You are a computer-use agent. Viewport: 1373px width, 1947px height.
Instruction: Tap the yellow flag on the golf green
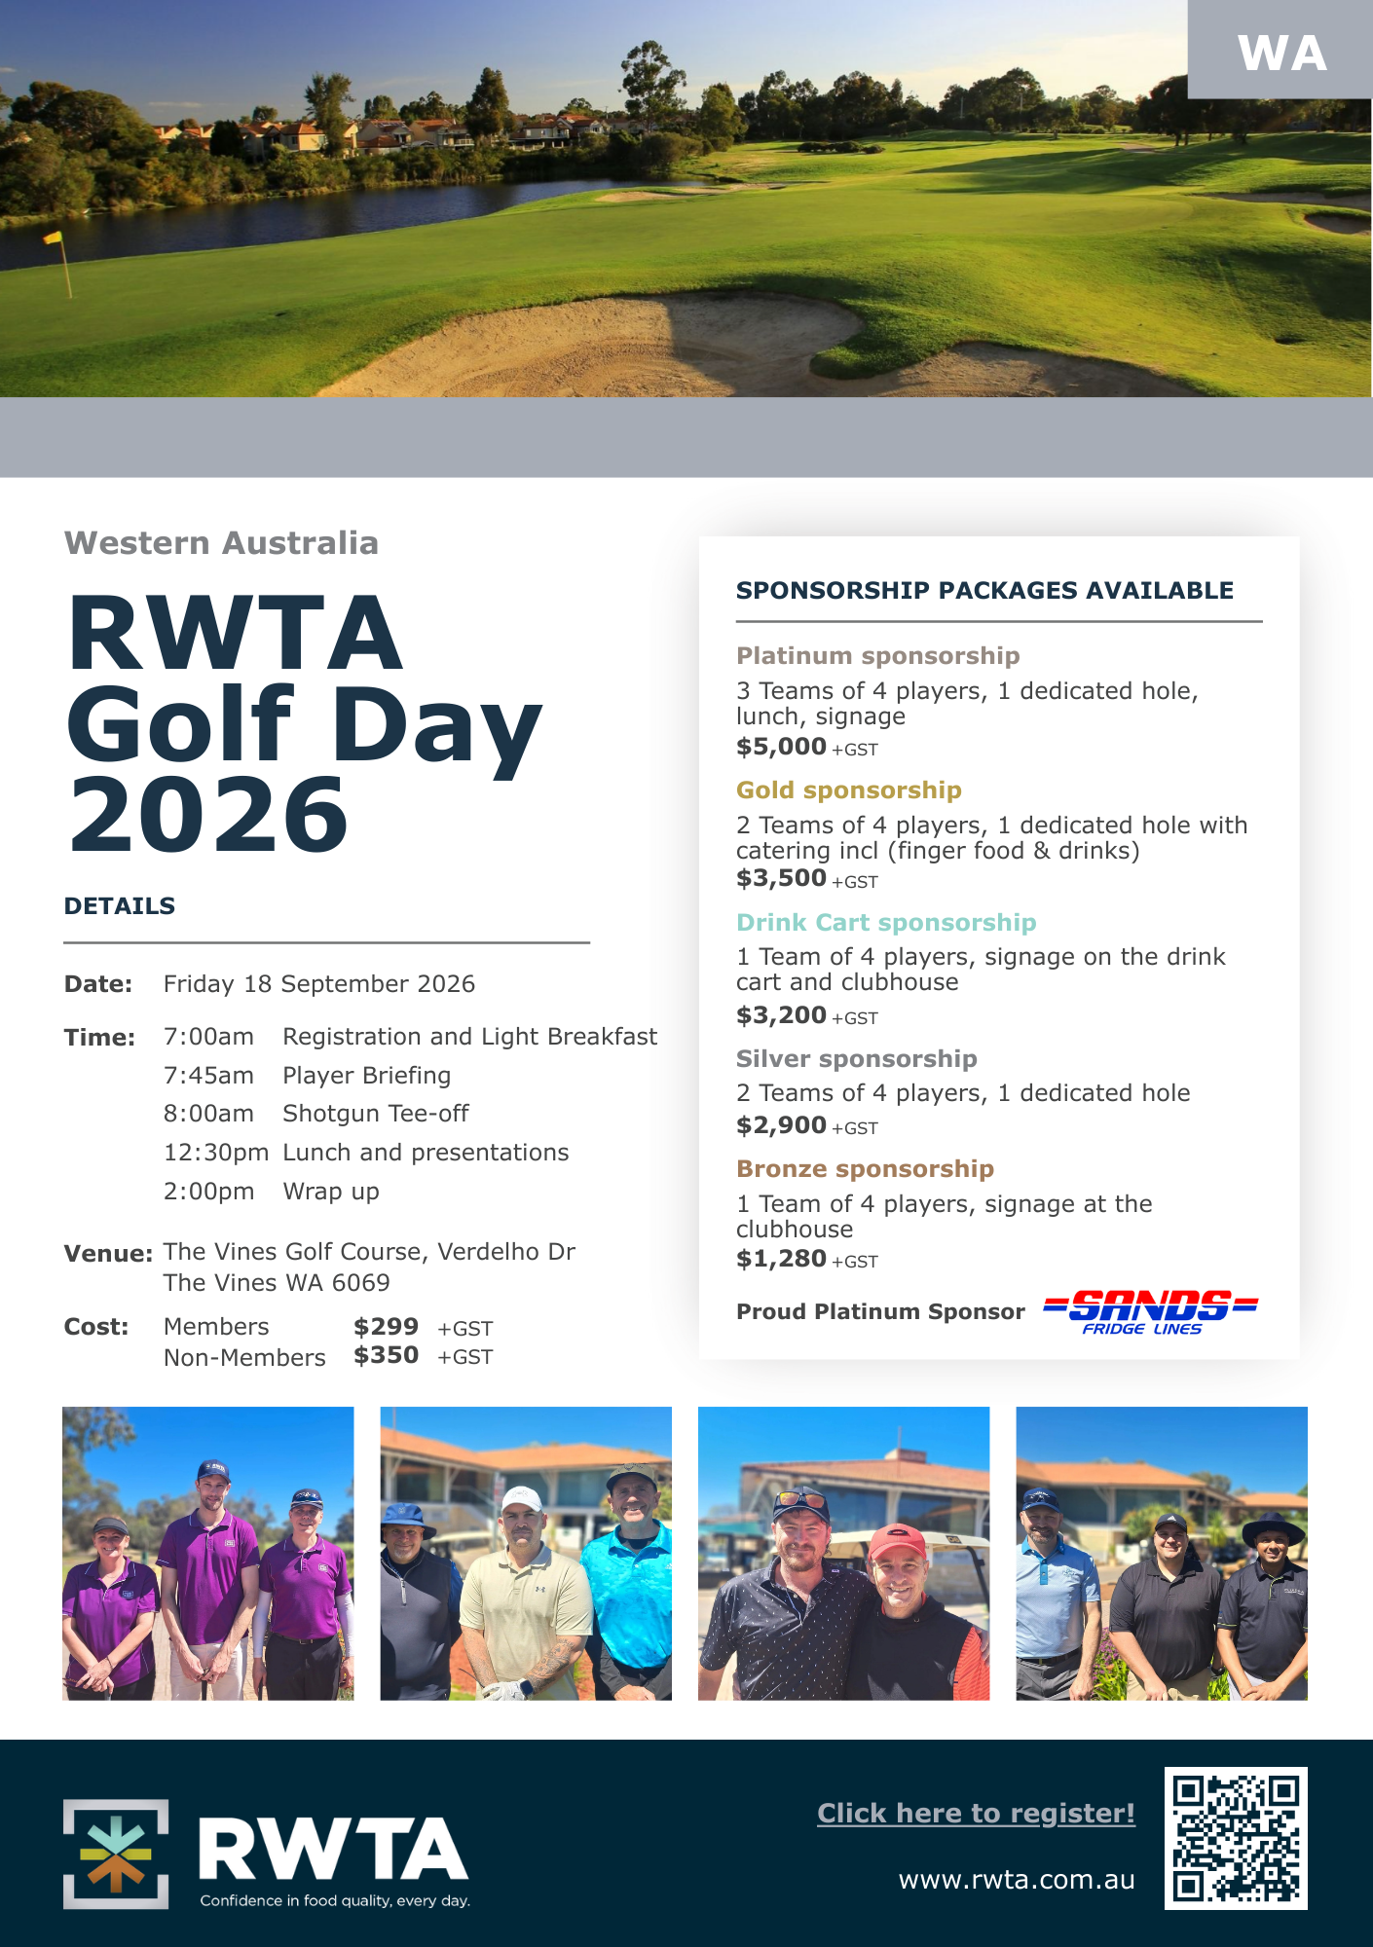click(53, 239)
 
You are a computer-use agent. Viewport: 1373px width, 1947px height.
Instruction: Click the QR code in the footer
click(1236, 1838)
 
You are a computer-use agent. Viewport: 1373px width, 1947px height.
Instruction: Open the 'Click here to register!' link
click(976, 1813)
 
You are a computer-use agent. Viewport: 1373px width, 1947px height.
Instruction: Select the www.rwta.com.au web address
click(1017, 1879)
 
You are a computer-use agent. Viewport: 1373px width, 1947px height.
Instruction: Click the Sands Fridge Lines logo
click(1150, 1311)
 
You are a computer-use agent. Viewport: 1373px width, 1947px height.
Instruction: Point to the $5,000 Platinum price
click(781, 747)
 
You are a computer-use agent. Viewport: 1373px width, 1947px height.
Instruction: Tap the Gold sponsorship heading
click(848, 790)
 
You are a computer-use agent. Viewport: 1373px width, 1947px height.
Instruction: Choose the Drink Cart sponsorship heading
click(885, 922)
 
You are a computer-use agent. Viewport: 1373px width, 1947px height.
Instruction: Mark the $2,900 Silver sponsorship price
click(781, 1125)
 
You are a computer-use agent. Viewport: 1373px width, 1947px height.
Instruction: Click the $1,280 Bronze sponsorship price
click(781, 1259)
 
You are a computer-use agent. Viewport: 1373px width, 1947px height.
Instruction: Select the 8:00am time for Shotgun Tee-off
click(208, 1114)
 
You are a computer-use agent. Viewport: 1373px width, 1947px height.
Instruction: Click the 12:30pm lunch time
click(215, 1153)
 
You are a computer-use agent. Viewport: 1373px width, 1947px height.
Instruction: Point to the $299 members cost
click(386, 1327)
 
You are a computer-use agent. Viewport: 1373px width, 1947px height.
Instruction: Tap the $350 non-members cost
click(386, 1355)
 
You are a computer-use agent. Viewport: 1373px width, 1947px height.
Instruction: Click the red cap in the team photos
click(898, 1542)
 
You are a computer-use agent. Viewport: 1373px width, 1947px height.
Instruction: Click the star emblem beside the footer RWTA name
click(116, 1854)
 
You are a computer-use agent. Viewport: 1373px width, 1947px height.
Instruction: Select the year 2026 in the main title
click(208, 815)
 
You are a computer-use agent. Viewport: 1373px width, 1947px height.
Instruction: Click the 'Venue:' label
click(108, 1254)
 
